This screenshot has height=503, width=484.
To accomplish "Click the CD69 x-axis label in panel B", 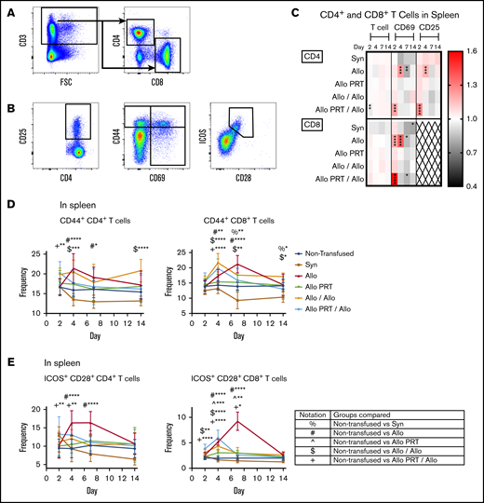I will point(167,170).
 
